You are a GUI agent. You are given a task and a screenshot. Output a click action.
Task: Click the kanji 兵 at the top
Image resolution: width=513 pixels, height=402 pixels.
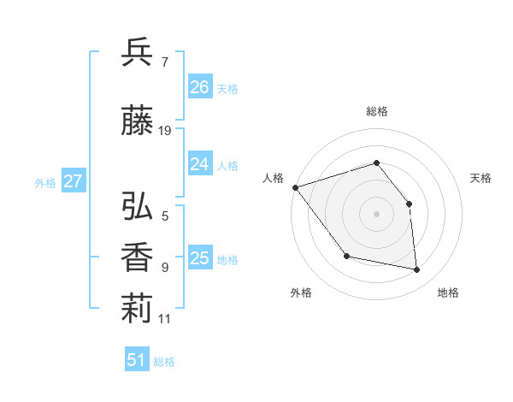click(138, 52)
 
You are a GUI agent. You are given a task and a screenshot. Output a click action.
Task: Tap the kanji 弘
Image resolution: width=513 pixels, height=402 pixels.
click(138, 206)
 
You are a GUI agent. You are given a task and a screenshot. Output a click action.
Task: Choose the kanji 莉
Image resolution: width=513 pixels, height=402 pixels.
click(138, 309)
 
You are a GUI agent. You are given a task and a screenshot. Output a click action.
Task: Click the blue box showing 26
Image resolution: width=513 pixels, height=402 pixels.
click(199, 86)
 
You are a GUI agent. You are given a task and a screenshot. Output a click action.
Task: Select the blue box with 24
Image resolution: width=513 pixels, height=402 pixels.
click(199, 164)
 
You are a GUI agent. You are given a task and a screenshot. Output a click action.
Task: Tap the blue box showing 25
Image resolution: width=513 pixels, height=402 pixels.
click(199, 257)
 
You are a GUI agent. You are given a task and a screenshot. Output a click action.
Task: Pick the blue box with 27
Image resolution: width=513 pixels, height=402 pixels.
click(73, 181)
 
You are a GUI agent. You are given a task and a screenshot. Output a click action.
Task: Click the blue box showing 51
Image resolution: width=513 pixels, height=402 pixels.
click(137, 360)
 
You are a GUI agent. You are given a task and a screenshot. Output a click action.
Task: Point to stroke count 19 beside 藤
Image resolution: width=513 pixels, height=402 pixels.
click(165, 131)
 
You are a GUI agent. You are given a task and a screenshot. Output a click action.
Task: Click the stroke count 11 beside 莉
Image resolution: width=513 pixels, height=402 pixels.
click(165, 319)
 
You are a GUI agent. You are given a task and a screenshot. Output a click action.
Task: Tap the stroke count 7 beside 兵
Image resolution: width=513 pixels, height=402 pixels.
click(164, 62)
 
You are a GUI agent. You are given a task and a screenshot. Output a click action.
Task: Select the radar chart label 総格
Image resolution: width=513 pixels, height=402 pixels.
click(377, 111)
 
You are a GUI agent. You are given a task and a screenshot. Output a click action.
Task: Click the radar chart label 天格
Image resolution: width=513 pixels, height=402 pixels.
click(481, 178)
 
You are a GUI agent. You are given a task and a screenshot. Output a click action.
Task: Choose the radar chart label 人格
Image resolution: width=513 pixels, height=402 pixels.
click(274, 178)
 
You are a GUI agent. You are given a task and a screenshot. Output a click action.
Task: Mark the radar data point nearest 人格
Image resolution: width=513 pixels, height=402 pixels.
click(295, 187)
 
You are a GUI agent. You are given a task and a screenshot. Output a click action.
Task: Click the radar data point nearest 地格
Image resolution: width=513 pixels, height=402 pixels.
click(417, 270)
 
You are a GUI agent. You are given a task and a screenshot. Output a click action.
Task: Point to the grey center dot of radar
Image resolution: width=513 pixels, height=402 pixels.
click(377, 213)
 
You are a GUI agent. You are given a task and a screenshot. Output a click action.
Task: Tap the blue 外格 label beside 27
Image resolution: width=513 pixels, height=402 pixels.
click(45, 182)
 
